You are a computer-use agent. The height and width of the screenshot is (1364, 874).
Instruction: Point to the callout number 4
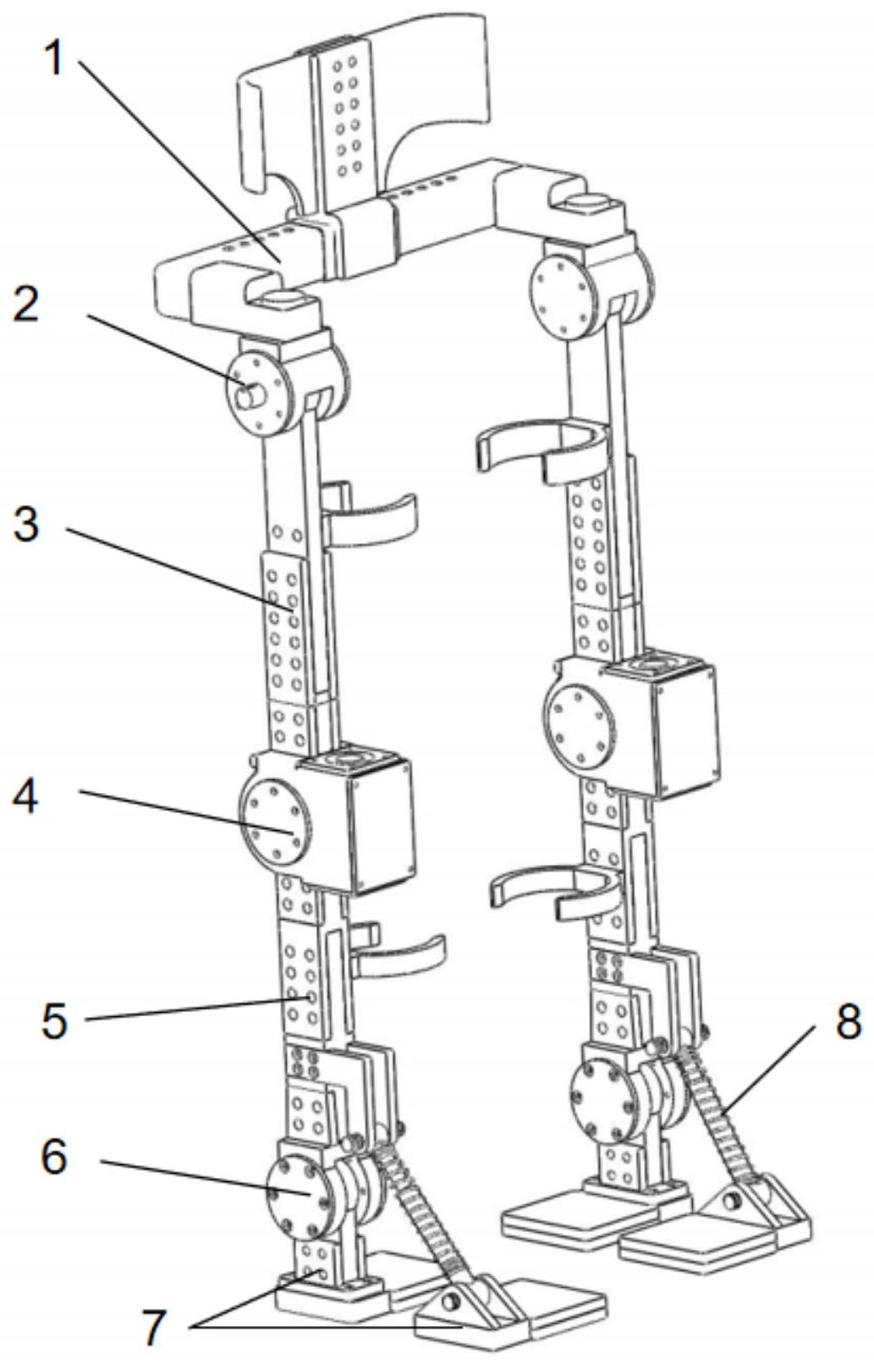(25, 796)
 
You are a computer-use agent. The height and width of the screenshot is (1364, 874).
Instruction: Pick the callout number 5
(54, 1020)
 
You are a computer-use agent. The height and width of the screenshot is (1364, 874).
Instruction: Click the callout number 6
(54, 1156)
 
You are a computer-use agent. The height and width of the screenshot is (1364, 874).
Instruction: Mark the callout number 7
(153, 1327)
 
